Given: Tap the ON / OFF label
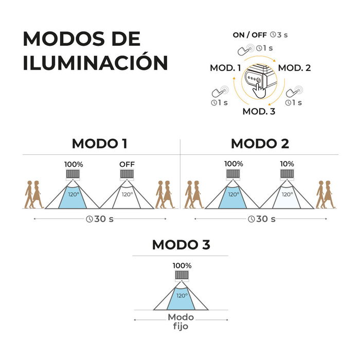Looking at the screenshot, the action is pyautogui.click(x=249, y=35).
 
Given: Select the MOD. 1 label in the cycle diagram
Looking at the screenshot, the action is pyautogui.click(x=225, y=68).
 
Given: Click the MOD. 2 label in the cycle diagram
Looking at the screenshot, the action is pyautogui.click(x=295, y=68).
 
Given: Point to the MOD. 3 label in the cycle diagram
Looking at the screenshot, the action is pyautogui.click(x=259, y=112).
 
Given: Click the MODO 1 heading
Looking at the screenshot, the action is pyautogui.click(x=100, y=143).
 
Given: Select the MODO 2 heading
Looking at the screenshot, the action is pyautogui.click(x=260, y=143).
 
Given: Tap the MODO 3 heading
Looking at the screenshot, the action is pyautogui.click(x=181, y=245).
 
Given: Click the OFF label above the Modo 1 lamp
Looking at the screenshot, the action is pyautogui.click(x=127, y=164).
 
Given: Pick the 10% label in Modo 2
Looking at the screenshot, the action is pyautogui.click(x=287, y=164).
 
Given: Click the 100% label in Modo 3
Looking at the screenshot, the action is pyautogui.click(x=182, y=266).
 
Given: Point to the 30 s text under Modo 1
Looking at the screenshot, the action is pyautogui.click(x=104, y=219).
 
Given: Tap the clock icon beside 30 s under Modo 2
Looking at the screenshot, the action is pyautogui.click(x=251, y=219).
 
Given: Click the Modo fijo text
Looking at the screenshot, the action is pyautogui.click(x=181, y=321).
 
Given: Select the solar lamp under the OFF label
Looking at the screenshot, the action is pyautogui.click(x=127, y=175).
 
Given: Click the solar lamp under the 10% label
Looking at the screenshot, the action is pyautogui.click(x=287, y=174).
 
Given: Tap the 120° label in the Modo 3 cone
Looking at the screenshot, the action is pyautogui.click(x=182, y=296).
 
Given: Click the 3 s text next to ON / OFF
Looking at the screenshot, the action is pyautogui.click(x=282, y=35).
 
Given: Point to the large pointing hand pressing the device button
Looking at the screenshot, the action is pyautogui.click(x=259, y=91).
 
